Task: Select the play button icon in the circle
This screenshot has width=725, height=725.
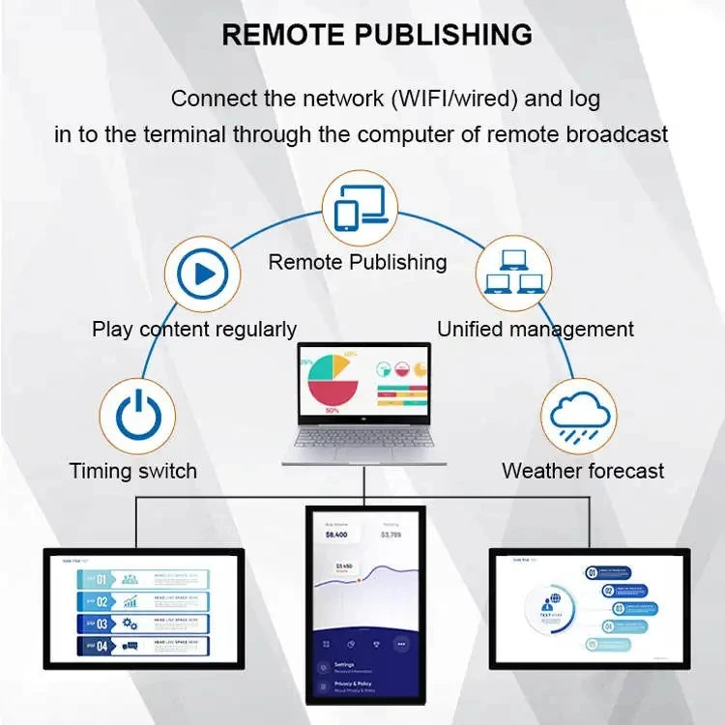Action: (x=203, y=275)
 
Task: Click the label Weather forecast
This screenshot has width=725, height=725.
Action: (x=583, y=472)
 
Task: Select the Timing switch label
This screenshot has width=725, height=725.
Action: (x=133, y=472)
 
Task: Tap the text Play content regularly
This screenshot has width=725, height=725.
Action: (x=194, y=330)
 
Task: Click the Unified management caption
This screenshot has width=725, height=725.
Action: (x=536, y=330)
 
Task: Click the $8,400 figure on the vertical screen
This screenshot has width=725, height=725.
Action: (x=335, y=535)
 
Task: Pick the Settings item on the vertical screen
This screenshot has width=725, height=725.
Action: (x=344, y=665)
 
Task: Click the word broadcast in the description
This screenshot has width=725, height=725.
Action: (x=613, y=134)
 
